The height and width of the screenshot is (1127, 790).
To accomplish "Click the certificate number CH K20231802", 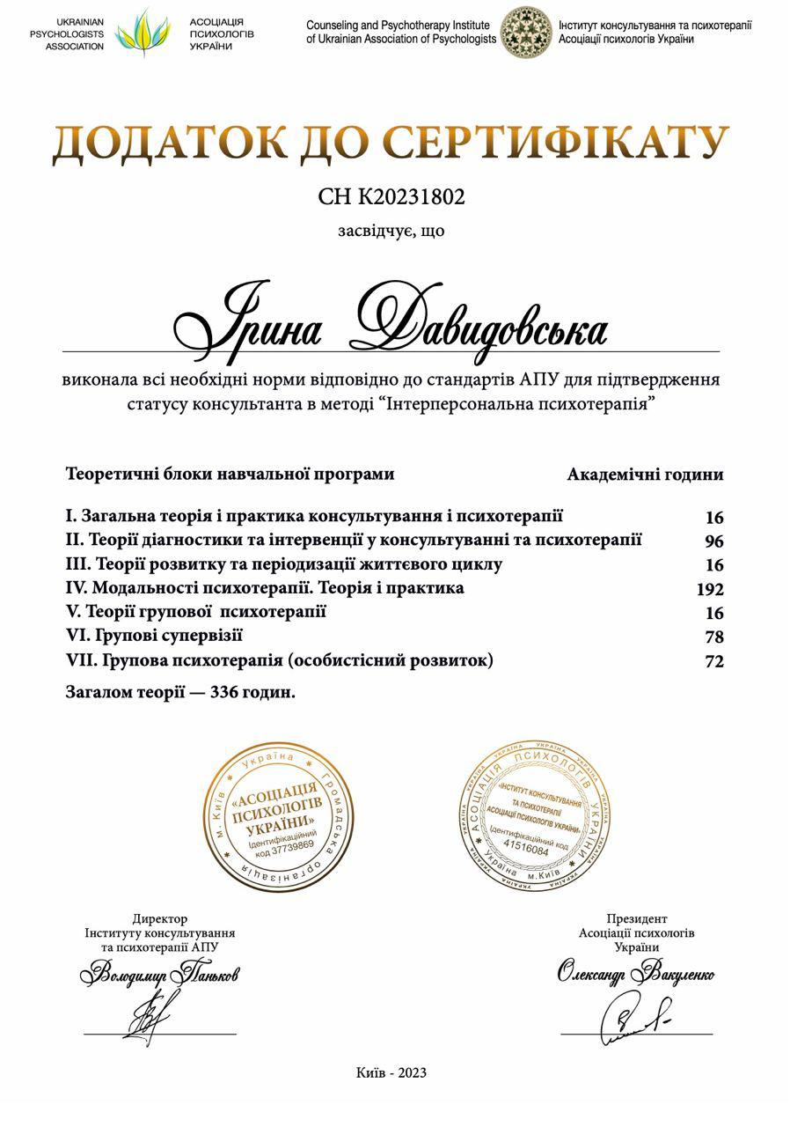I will point(391,197).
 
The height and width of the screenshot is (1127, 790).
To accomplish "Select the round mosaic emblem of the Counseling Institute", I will point(526,33).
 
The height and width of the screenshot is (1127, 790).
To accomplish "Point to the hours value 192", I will point(709,589).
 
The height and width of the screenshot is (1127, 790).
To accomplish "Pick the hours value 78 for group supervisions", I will point(714,637).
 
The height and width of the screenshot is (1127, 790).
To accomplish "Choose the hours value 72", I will point(714,660).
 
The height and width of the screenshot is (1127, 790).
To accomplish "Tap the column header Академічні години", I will point(645,475).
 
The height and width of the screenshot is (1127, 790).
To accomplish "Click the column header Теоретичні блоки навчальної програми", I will point(230,475).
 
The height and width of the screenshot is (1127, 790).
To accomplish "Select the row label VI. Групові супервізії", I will point(154,636).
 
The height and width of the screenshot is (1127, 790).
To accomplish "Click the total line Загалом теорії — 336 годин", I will point(180,692).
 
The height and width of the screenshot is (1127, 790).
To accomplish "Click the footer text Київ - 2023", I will point(391,1072).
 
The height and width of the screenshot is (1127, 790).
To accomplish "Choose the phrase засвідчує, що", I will point(391,232).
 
